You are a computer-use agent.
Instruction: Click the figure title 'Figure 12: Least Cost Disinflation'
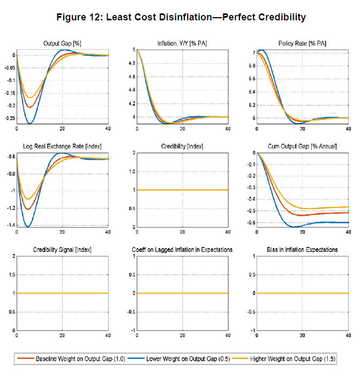click(x=181, y=17)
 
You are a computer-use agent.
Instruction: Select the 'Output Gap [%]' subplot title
click(x=62, y=43)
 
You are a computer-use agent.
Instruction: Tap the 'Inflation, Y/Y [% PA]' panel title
click(x=182, y=43)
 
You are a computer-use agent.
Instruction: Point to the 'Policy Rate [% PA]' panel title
click(x=303, y=43)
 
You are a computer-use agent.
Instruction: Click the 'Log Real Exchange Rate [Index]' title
click(x=62, y=146)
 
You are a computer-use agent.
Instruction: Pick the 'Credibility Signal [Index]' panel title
click(x=62, y=250)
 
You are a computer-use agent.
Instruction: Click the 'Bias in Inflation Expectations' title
click(x=303, y=250)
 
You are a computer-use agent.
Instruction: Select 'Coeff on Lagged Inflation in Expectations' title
click(x=182, y=250)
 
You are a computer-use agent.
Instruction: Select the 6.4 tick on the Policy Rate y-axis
click(x=251, y=92)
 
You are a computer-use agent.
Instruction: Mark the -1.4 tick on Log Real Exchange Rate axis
click(x=10, y=225)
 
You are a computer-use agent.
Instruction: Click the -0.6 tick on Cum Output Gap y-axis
click(x=250, y=222)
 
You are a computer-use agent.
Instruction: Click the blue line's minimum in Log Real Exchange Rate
click(x=28, y=227)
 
